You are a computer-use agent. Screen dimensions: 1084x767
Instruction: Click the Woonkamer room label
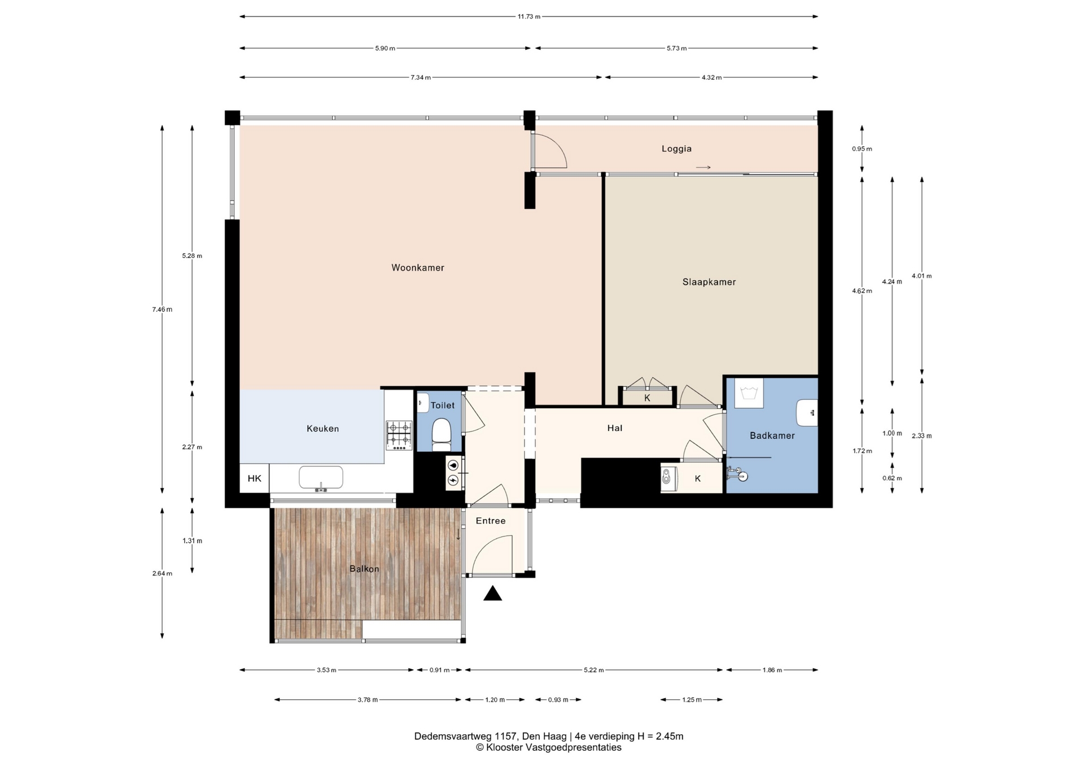(x=418, y=268)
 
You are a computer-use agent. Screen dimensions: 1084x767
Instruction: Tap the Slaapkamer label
(x=709, y=282)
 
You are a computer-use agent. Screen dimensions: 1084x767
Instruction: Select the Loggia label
(x=676, y=149)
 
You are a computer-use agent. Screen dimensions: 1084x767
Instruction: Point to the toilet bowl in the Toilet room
(x=442, y=433)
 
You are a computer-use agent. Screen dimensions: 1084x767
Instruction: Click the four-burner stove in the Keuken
(x=399, y=435)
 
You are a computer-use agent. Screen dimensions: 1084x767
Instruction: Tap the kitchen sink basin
(x=321, y=478)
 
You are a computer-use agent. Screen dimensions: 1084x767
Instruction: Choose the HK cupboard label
(x=255, y=478)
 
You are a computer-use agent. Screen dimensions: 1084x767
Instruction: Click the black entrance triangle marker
(x=493, y=593)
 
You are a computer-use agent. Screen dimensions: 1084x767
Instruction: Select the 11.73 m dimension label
(x=529, y=16)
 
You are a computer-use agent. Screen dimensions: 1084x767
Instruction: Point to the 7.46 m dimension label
(x=162, y=309)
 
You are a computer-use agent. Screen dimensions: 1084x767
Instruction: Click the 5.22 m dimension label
(x=594, y=670)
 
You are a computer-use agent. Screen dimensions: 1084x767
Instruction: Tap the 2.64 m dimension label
(x=162, y=573)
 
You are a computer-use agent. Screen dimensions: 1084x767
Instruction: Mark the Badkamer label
(x=772, y=435)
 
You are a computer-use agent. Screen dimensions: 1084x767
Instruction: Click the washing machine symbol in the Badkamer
(x=749, y=393)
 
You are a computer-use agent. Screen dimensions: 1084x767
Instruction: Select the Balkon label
(x=364, y=569)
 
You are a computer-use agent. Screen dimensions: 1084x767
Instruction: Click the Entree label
(x=491, y=521)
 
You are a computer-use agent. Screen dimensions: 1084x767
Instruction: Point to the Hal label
(x=615, y=428)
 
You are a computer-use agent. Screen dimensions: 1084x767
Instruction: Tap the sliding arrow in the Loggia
(x=703, y=167)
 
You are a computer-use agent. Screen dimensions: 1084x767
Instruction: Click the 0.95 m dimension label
(x=862, y=149)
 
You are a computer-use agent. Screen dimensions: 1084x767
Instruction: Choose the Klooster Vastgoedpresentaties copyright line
(x=549, y=748)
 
